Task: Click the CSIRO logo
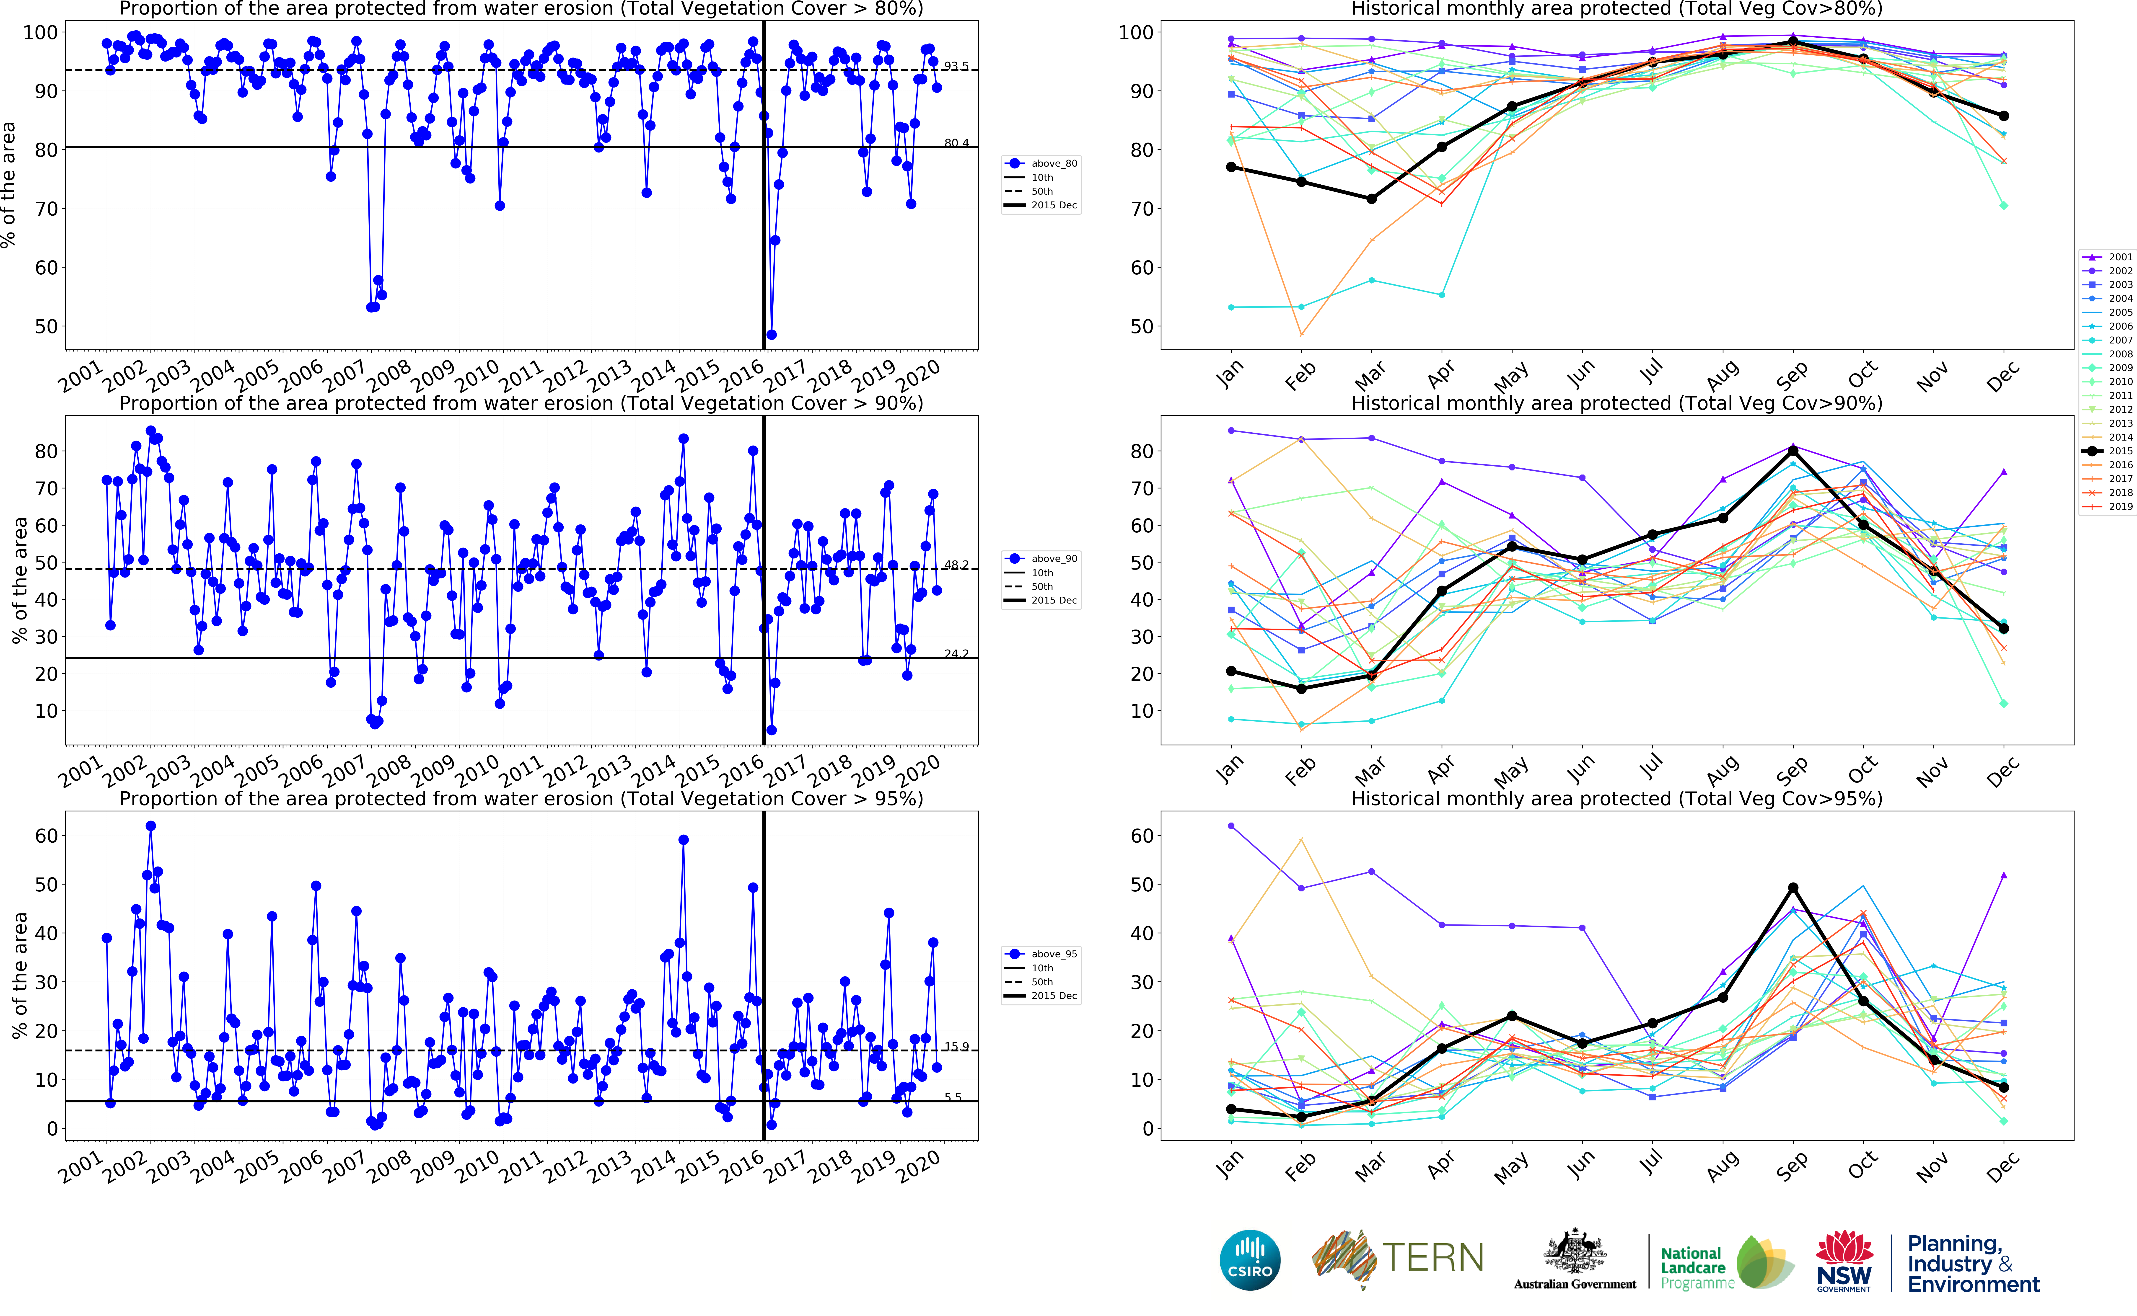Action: [x=1250, y=1259]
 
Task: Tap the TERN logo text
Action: [x=1433, y=1258]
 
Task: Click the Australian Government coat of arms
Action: [x=1575, y=1253]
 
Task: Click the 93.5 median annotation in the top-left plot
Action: [x=956, y=66]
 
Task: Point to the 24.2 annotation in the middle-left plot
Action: [x=956, y=654]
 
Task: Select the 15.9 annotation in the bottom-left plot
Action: [x=956, y=1047]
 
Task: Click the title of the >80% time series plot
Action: [x=521, y=9]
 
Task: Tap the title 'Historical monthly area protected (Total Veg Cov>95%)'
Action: [x=1616, y=799]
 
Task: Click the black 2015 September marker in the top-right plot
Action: [x=1793, y=42]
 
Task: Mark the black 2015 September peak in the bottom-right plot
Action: [x=1793, y=888]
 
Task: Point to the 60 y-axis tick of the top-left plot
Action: [x=45, y=268]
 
